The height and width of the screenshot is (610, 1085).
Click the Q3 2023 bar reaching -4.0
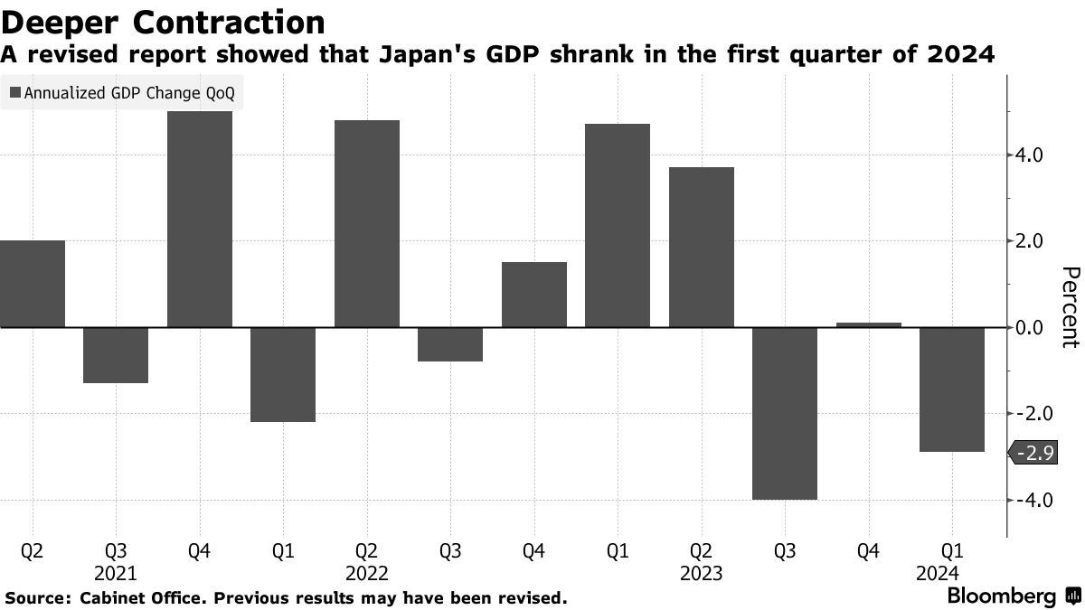[785, 413]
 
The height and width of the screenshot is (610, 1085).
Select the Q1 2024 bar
[952, 389]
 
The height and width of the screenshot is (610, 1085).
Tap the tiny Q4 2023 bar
[869, 324]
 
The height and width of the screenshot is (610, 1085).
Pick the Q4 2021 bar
[200, 219]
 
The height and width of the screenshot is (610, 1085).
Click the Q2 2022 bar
[367, 223]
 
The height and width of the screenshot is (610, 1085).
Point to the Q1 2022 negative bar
[283, 374]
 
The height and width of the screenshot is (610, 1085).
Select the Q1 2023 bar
[618, 225]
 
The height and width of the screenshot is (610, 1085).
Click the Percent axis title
[1071, 307]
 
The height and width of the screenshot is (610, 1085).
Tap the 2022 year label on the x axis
[367, 574]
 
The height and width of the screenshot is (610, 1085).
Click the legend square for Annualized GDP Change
[14, 92]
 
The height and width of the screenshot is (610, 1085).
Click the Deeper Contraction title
[163, 21]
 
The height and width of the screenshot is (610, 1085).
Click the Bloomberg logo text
[1001, 596]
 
